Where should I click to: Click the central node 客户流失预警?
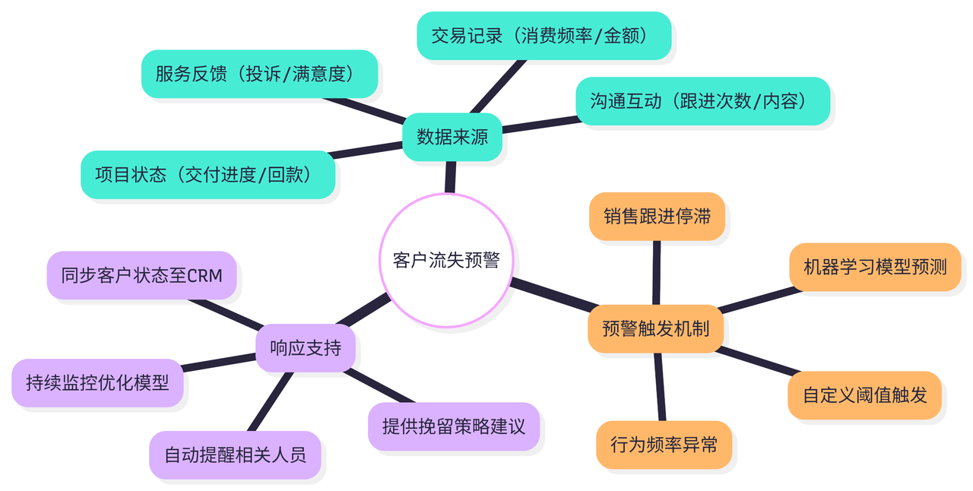tap(446, 260)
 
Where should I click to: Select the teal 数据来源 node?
tap(452, 137)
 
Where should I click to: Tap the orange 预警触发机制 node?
tap(655, 328)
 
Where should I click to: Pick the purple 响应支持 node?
tap(305, 348)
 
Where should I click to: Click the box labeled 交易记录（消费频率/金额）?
tap(544, 35)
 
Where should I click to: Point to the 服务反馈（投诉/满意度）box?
tap(259, 74)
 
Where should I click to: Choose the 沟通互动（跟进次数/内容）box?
tap(702, 100)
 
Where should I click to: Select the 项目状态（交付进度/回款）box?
tap(208, 175)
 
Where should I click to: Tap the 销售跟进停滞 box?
tap(657, 217)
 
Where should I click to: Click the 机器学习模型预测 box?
tap(875, 267)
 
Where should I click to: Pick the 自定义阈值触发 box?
tap(864, 394)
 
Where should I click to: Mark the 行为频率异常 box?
tap(664, 445)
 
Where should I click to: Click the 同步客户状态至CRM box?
tap(141, 274)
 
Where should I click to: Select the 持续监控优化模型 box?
tap(97, 382)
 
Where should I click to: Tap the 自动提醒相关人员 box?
tap(235, 455)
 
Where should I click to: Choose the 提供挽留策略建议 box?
tap(453, 426)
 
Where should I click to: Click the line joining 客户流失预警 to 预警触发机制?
tap(553, 295)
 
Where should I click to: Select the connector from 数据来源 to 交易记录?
tap(498, 87)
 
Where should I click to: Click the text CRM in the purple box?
tap(204, 275)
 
